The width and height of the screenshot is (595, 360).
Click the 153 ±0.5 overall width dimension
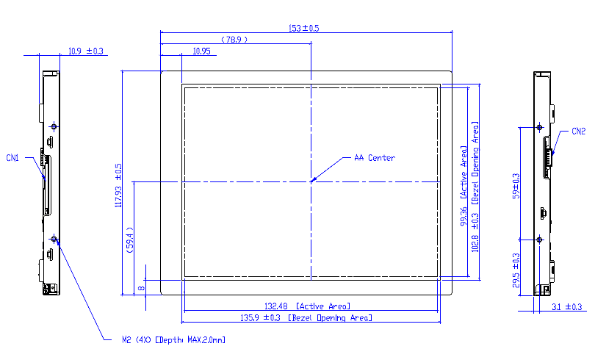coord(303,28)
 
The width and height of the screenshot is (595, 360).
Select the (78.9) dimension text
coord(234,40)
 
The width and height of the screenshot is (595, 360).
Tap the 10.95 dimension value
coord(201,51)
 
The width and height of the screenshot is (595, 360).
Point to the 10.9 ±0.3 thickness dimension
coord(85,51)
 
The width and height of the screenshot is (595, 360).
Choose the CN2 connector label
coord(578,132)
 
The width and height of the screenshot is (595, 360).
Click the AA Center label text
coord(374,158)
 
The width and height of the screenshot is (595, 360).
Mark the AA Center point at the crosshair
coord(311,180)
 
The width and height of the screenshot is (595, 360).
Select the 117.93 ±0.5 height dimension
coord(118,185)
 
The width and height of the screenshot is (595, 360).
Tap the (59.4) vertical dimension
coord(129,239)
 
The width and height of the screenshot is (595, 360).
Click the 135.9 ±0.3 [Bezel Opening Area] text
coord(309,318)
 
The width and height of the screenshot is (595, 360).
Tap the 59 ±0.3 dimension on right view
coord(516,186)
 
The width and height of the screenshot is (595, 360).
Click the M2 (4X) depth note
coord(173,340)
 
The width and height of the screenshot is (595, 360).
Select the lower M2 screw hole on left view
coord(54,240)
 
